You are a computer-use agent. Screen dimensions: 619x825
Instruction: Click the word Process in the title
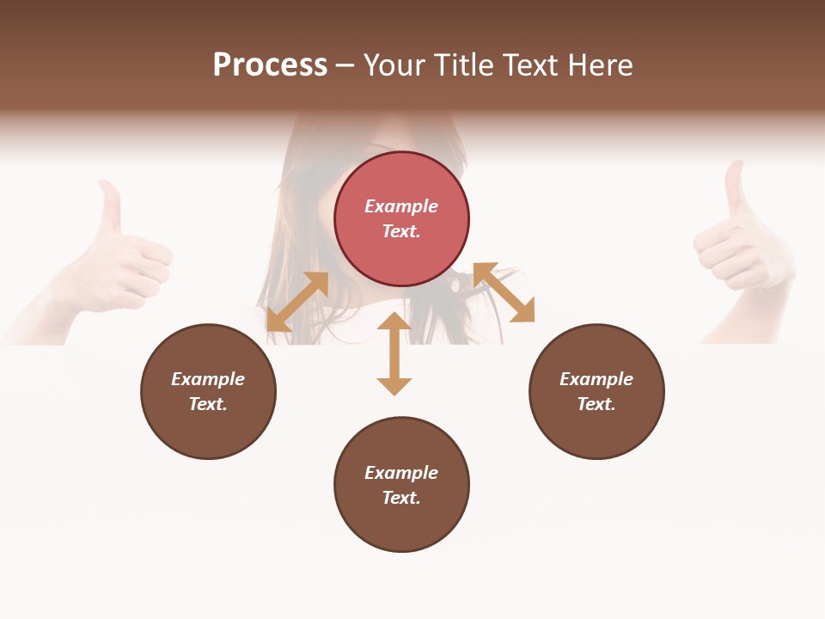tap(270, 65)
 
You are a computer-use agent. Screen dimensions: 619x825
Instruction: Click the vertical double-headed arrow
tap(394, 353)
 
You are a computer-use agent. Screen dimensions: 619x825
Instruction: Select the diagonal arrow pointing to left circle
tap(297, 302)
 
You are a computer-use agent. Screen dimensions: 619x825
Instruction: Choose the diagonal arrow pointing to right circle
tap(504, 292)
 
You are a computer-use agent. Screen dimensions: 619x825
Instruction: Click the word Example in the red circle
tap(401, 206)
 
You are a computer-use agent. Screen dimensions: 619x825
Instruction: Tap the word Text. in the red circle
tap(401, 231)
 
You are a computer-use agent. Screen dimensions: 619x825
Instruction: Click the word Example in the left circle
tap(208, 379)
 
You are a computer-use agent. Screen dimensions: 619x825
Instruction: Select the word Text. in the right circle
tap(596, 404)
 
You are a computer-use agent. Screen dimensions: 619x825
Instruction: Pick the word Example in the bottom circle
tap(401, 473)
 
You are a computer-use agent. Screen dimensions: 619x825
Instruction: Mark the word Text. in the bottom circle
tap(401, 498)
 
